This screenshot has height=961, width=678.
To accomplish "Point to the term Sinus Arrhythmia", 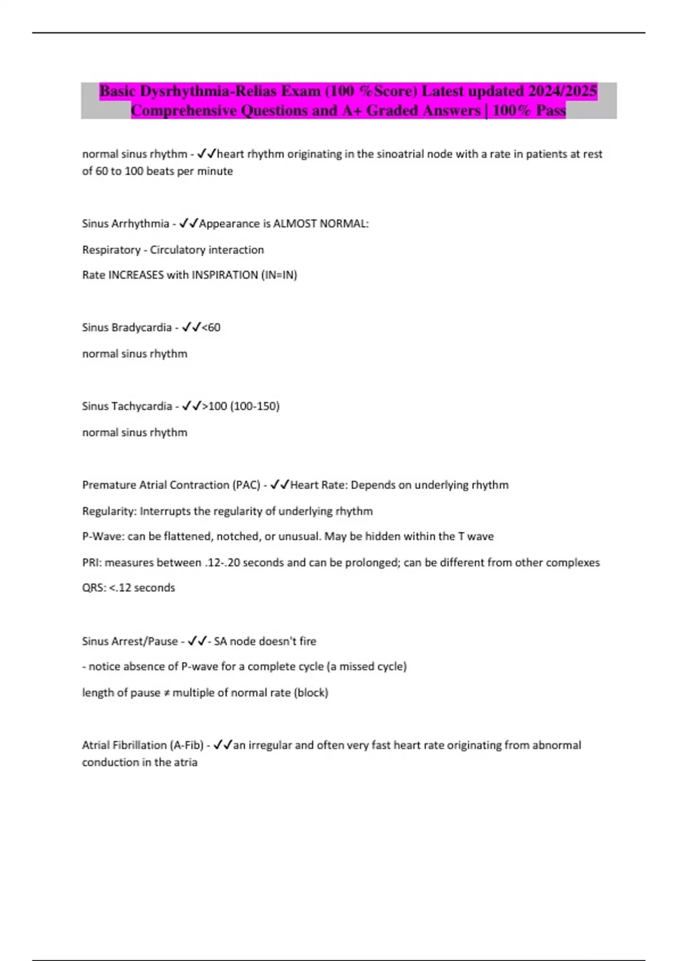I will coord(125,224).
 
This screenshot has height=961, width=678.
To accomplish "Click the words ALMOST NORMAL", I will coord(321,224).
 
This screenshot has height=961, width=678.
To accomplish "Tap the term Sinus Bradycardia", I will coord(127,328).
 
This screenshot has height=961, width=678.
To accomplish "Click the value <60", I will coord(211,328).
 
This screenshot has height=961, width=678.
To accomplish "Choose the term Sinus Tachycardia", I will coord(127,406).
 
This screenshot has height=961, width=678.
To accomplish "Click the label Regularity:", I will coord(109,512).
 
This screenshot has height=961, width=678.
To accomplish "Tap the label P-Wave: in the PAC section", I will coord(103,536).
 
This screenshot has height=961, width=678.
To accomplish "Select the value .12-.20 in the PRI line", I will coord(223,563).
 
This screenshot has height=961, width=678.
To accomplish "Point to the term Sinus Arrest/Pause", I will coord(130,642).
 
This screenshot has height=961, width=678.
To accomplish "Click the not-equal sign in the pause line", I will coord(167,693).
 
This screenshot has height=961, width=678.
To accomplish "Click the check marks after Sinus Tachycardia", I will coord(192,406).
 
